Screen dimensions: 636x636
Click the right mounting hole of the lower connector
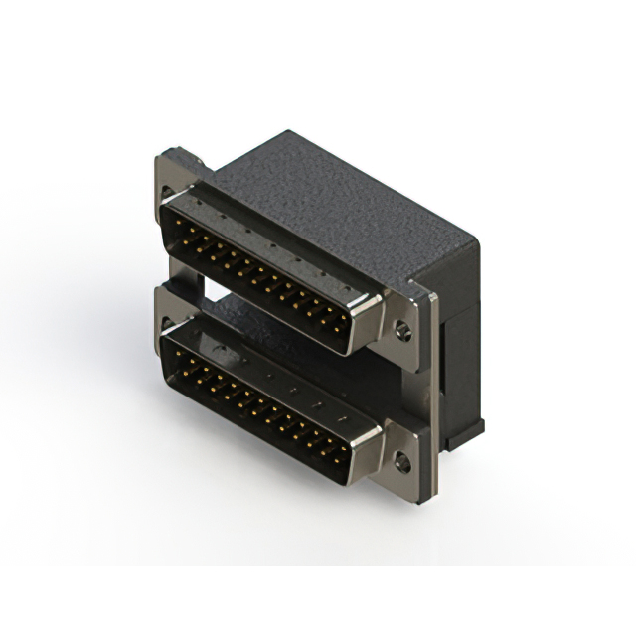(402, 460)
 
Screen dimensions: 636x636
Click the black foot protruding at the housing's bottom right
(467, 429)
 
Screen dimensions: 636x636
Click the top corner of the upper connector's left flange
(162, 154)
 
